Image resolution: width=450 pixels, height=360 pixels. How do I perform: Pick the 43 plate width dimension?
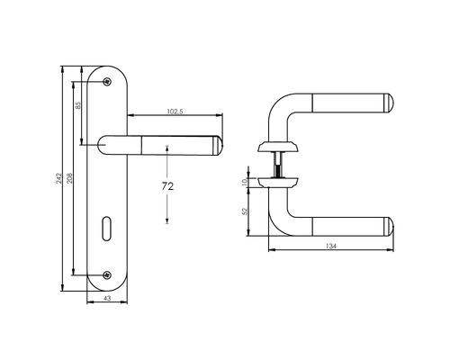(x=108, y=298)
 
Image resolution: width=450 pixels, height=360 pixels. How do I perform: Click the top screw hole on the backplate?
(x=108, y=80)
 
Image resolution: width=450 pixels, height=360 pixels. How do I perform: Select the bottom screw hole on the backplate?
(x=108, y=274)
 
